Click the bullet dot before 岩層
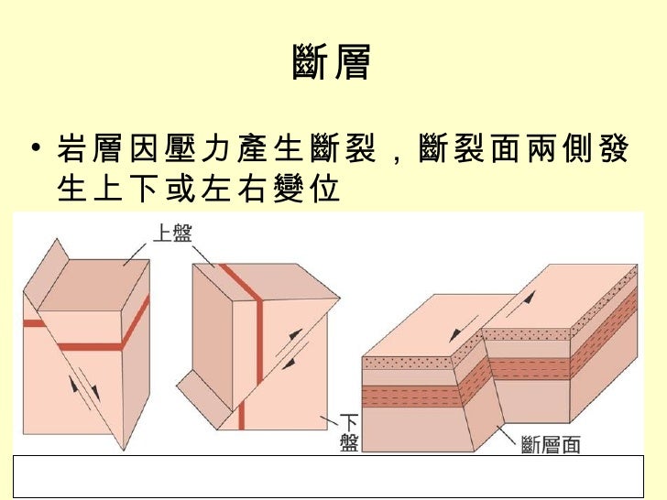35,148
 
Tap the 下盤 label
349,431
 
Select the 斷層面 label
550,444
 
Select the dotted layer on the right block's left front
417,364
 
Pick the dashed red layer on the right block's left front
417,397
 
